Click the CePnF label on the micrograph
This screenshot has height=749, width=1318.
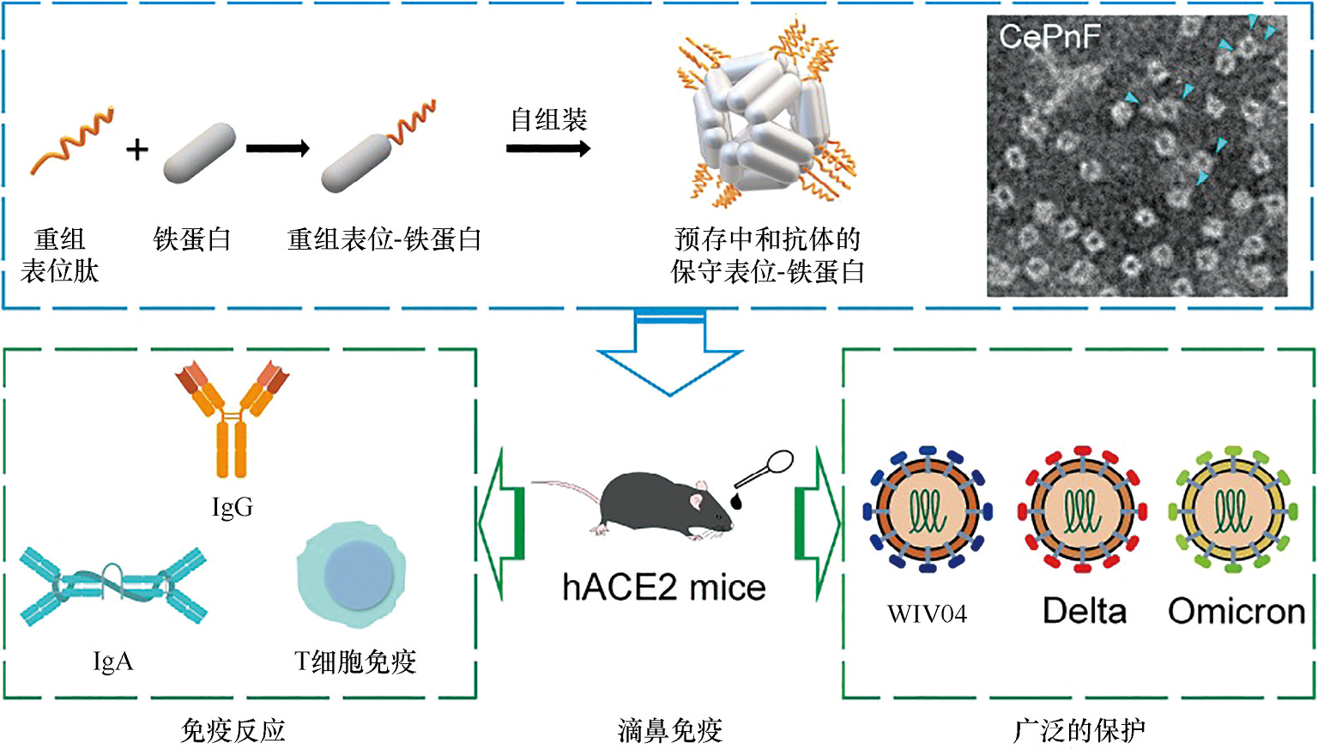pyautogui.click(x=1049, y=37)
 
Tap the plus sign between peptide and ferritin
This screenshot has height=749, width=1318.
pyautogui.click(x=136, y=150)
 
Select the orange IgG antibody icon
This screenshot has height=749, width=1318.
pyautogui.click(x=232, y=416)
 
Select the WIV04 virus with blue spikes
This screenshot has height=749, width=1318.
pyautogui.click(x=928, y=508)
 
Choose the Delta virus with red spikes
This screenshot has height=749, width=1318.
pyautogui.click(x=1080, y=508)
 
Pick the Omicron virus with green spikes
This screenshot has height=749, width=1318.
pyautogui.click(x=1232, y=508)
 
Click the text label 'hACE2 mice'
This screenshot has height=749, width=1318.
pyautogui.click(x=663, y=588)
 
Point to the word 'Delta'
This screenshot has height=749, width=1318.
pyautogui.click(x=1084, y=611)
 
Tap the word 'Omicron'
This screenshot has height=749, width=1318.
pyautogui.click(x=1236, y=611)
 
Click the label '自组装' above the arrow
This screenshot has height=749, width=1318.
pyautogui.click(x=548, y=119)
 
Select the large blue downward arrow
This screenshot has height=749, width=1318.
pyautogui.click(x=669, y=356)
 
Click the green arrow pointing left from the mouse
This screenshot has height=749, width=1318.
pyautogui.click(x=502, y=523)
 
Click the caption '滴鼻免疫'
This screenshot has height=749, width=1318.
pyautogui.click(x=669, y=730)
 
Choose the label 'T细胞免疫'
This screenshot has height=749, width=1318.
pyautogui.click(x=354, y=661)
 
